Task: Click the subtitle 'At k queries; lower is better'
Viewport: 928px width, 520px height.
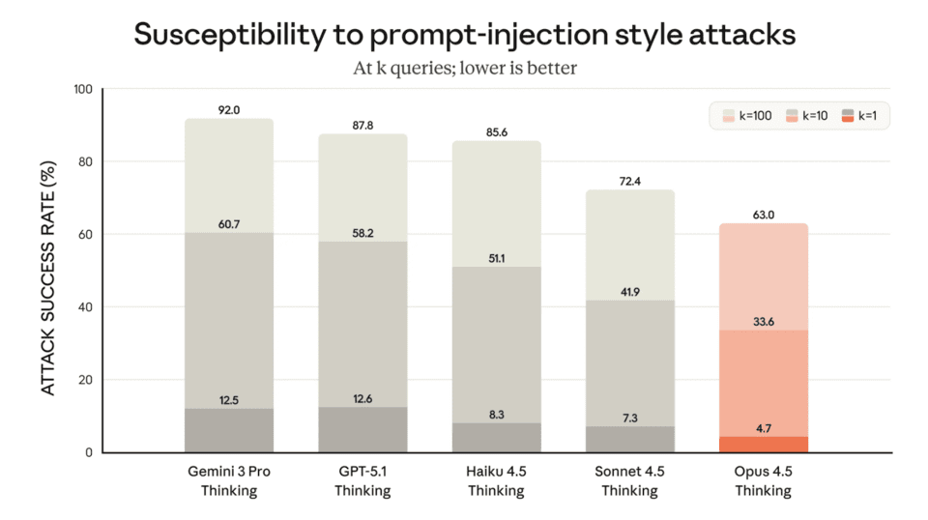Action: click(464, 69)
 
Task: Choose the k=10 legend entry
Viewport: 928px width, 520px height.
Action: click(808, 117)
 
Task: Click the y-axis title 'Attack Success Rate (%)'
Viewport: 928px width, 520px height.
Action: click(47, 272)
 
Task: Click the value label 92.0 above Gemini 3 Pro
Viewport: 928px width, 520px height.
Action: click(229, 110)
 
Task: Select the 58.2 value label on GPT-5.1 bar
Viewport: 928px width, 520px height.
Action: click(362, 233)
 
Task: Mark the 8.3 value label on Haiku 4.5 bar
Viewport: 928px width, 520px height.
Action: click(497, 414)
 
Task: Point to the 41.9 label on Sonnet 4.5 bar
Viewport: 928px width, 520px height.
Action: click(629, 292)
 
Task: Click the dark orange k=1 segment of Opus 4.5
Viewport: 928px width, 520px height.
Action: click(764, 445)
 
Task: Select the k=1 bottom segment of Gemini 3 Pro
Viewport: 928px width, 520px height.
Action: click(229, 431)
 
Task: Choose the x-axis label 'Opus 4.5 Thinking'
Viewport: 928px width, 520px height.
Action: click(764, 481)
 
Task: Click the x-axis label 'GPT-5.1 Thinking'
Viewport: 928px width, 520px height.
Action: click(362, 481)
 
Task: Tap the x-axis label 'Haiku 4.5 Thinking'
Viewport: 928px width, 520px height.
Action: click(497, 481)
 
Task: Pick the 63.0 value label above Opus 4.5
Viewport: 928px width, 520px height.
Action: click(764, 215)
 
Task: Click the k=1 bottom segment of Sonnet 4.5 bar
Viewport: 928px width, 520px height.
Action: click(629, 440)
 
